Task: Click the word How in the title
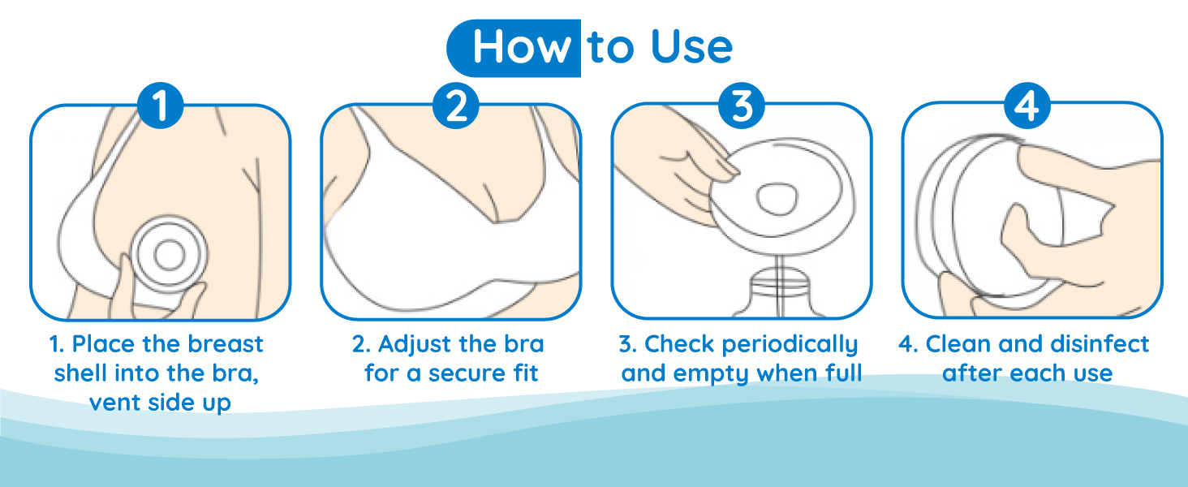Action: pos(522,47)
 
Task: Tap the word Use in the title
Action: pos(691,47)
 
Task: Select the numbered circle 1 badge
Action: pos(160,105)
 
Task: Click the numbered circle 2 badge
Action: pos(455,105)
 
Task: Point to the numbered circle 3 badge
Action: pos(742,105)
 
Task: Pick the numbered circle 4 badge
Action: pos(1027,105)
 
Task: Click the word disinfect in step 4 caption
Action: pos(1100,344)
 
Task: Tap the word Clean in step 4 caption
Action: pos(959,344)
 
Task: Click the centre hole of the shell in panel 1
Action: pos(169,256)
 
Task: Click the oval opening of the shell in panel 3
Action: pos(777,198)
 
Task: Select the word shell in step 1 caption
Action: pos(81,373)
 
